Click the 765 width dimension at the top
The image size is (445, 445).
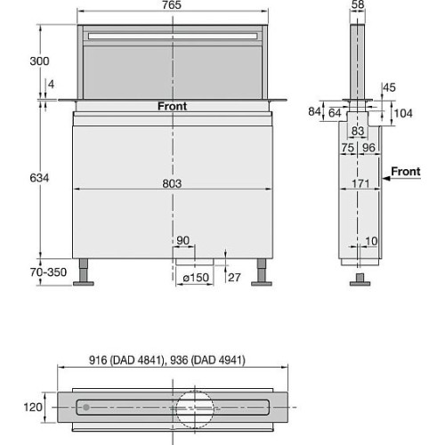click(x=172, y=4)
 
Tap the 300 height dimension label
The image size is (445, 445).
click(x=39, y=61)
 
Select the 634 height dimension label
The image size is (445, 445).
click(x=39, y=178)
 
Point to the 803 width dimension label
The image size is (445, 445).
click(x=172, y=183)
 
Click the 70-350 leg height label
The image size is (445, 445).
click(x=48, y=271)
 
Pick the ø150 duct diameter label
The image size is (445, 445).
click(x=196, y=278)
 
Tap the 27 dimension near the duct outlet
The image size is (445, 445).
click(x=234, y=278)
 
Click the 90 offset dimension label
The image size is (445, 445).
click(x=182, y=240)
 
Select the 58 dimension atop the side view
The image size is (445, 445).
click(x=358, y=4)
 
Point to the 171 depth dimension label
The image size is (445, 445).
click(x=360, y=183)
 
